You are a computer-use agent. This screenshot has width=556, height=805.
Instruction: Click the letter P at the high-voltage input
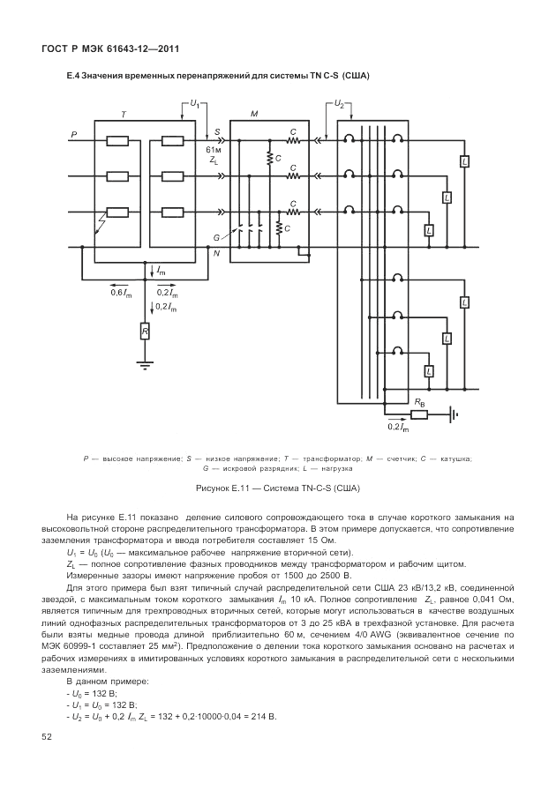[x=73, y=134]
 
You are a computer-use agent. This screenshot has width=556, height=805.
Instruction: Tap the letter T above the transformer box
[x=124, y=116]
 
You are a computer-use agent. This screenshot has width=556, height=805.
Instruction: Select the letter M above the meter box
[x=254, y=116]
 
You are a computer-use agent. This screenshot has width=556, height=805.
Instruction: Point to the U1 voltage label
[x=194, y=104]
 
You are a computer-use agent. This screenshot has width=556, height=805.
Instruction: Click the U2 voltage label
[x=340, y=104]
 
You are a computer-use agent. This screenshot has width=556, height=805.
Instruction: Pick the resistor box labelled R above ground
[x=145, y=331]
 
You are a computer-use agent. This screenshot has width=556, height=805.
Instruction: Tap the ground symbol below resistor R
[x=145, y=362]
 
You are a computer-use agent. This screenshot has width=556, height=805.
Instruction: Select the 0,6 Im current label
[x=119, y=293]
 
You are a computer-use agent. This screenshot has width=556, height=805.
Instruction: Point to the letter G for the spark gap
[x=215, y=237]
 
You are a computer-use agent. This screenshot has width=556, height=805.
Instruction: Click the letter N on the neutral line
[x=216, y=253]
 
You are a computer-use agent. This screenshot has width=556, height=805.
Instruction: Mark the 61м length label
[x=213, y=149]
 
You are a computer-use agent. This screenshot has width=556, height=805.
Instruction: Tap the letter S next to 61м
[x=216, y=134]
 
